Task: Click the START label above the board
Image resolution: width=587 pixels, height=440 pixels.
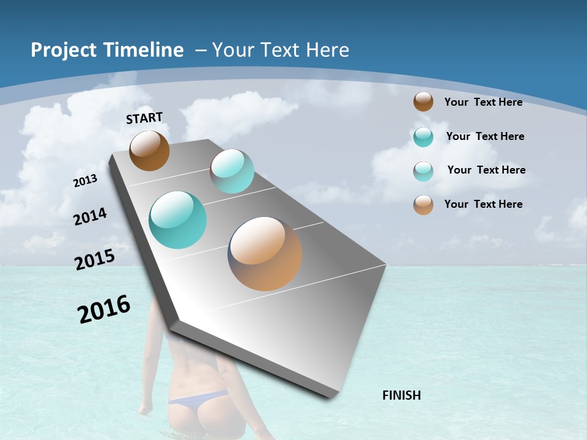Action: pyautogui.click(x=144, y=118)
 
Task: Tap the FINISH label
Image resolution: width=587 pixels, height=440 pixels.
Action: pyautogui.click(x=401, y=395)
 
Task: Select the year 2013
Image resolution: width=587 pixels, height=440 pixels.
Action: pyautogui.click(x=85, y=180)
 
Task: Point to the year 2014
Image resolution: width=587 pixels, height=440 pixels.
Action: pyautogui.click(x=90, y=216)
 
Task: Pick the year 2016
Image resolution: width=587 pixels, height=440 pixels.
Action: pyautogui.click(x=104, y=309)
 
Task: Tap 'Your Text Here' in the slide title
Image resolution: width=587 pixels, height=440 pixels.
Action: pyautogui.click(x=281, y=50)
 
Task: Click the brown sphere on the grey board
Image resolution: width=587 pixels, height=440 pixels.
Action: pyautogui.click(x=149, y=150)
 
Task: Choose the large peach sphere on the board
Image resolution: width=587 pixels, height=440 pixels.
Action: pyautogui.click(x=265, y=253)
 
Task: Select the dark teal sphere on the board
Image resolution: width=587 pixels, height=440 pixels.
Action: pyautogui.click(x=177, y=219)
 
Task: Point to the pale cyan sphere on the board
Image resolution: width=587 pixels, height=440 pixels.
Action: pyautogui.click(x=232, y=171)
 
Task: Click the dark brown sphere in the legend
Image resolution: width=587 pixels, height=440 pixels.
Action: pyautogui.click(x=423, y=101)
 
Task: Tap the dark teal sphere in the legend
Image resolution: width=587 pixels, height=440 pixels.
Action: pyautogui.click(x=423, y=137)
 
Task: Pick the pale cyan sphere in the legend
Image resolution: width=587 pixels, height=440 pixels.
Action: pyautogui.click(x=423, y=171)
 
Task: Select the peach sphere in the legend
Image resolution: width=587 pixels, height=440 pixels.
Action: pyautogui.click(x=423, y=205)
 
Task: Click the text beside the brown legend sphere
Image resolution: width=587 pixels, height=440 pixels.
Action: pyautogui.click(x=483, y=102)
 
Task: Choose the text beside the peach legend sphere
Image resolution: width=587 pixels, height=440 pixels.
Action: pyautogui.click(x=483, y=204)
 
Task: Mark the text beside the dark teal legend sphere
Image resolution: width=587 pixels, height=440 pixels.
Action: pyautogui.click(x=485, y=136)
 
